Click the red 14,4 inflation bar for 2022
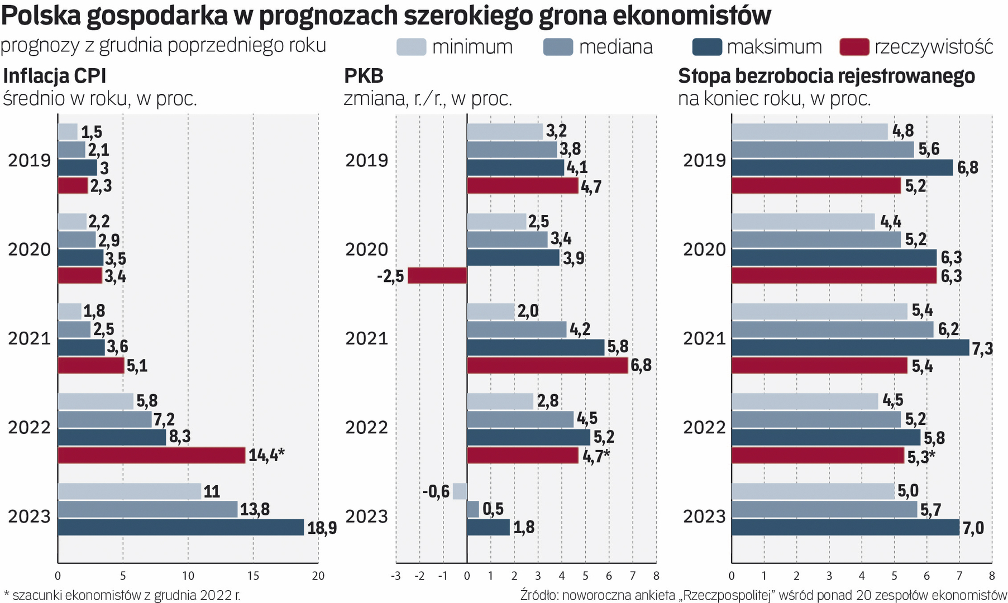coord(151,455)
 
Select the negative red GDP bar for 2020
coord(437,276)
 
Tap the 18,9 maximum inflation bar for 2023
coord(181,527)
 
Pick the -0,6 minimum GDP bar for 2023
coord(460,491)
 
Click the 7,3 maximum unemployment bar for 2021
coord(850,348)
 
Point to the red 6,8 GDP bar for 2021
coord(547,366)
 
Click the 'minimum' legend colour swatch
coord(411,47)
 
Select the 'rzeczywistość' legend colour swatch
coord(854,47)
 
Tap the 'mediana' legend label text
coord(615,47)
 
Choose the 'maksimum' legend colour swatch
coord(707,47)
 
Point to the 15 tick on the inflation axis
coord(253,576)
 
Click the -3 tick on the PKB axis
coord(395,576)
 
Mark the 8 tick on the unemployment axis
coord(992,576)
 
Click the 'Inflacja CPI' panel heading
coord(55,76)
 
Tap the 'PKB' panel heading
coord(364,76)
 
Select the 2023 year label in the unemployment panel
coord(704,516)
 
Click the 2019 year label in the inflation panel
coord(30,160)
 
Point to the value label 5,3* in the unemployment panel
coord(921,457)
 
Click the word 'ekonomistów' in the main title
coord(692,16)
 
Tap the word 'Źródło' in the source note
coord(539,595)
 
